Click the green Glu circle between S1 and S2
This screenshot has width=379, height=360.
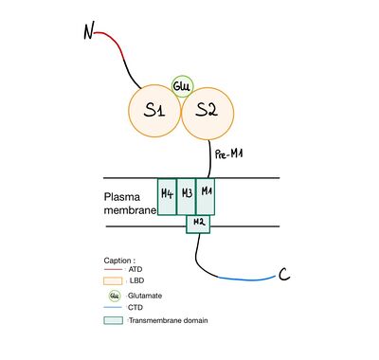(182, 85)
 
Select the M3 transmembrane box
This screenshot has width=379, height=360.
(187, 194)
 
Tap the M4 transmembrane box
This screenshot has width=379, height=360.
(167, 194)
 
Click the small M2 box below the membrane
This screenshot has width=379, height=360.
(198, 223)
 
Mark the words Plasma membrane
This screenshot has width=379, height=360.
(129, 206)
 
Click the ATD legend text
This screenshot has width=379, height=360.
(136, 269)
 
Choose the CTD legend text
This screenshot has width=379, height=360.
(136, 308)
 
